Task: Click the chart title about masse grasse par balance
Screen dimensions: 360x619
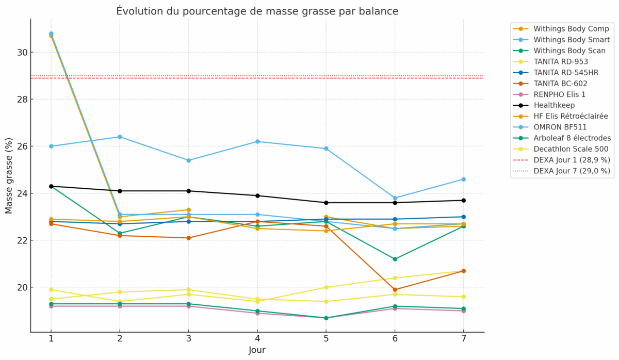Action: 257,11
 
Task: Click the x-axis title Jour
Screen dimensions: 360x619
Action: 257,350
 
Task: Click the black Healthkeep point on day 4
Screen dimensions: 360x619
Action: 257,195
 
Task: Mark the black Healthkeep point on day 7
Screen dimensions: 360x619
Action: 463,200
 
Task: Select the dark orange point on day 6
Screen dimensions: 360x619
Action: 395,290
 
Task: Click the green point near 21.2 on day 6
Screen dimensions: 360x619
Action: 395,259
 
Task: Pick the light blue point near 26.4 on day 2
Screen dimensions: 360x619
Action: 120,137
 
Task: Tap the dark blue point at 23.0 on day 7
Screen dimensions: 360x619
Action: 463,217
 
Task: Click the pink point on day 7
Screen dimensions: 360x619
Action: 463,311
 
